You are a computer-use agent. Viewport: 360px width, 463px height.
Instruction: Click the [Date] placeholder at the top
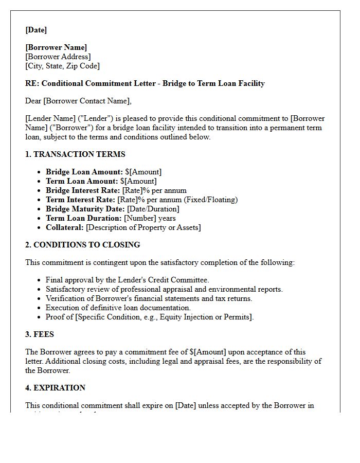36,30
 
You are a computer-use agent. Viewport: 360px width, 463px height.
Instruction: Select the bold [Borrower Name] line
56,47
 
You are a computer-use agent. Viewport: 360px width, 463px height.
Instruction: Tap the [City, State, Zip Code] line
62,66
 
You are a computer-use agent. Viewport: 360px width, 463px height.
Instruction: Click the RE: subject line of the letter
145,83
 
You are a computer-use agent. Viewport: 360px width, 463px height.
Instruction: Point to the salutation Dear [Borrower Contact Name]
78,101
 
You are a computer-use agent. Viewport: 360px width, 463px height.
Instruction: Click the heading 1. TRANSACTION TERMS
75,154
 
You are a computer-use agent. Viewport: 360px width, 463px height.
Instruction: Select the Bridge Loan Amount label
84,172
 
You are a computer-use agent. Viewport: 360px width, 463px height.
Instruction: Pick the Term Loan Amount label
82,181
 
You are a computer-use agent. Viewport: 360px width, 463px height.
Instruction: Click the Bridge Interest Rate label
83,190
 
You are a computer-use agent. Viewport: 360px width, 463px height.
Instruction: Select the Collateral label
65,227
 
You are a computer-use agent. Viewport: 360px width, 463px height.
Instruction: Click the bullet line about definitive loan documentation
118,308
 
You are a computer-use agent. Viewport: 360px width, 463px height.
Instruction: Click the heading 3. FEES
40,334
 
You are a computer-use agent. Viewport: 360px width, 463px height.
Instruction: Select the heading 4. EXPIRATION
56,388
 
